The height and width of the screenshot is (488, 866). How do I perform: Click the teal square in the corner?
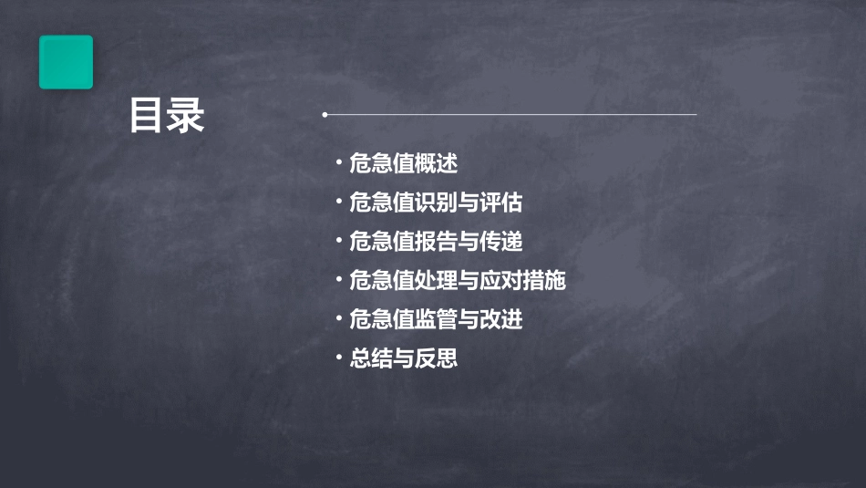point(66,62)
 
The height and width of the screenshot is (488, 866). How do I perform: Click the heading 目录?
point(167,116)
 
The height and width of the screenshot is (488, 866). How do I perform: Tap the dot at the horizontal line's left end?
point(325,115)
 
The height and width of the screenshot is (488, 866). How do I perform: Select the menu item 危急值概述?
point(403,164)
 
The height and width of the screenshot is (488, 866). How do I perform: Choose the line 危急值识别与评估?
point(436,202)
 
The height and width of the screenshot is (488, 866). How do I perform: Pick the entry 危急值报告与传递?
point(436,242)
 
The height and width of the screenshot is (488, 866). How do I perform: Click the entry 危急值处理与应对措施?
point(458,280)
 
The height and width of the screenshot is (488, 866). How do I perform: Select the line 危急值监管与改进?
point(436,319)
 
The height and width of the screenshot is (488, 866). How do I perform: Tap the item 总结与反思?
point(403,358)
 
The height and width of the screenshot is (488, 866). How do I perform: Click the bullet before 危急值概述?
point(339,163)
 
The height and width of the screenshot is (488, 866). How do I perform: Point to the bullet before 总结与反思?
point(339,358)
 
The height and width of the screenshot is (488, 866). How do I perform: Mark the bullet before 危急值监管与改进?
point(339,318)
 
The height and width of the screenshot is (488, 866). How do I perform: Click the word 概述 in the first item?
point(436,164)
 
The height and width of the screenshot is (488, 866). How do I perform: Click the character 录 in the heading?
point(186,116)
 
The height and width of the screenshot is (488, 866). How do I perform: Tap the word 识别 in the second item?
point(436,202)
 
